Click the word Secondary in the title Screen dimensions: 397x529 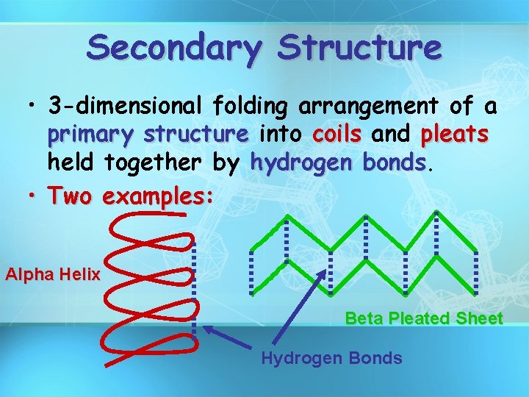(x=173, y=48)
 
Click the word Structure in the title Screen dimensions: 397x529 (x=361, y=48)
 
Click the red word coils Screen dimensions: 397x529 (x=337, y=135)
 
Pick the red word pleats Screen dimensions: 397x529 (x=455, y=135)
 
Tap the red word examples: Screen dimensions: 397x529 (x=159, y=196)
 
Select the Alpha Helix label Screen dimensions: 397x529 (x=52, y=275)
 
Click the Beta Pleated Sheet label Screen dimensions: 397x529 (x=424, y=318)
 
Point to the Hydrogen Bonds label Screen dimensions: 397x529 (x=331, y=358)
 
